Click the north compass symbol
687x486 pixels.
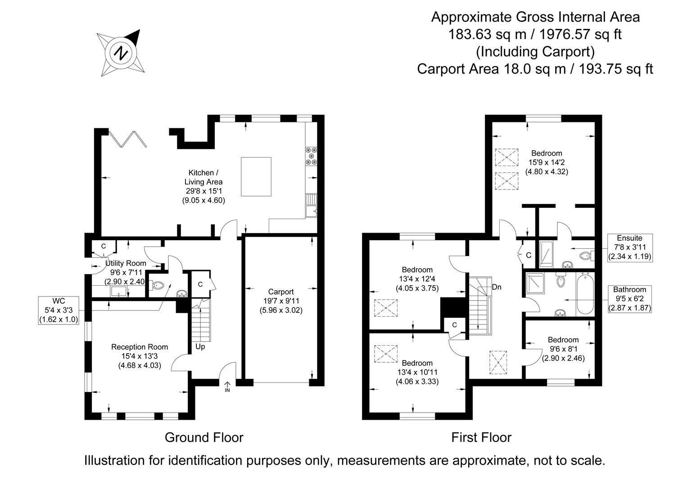121,53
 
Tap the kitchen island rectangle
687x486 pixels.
256,176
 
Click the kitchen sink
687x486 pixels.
311,205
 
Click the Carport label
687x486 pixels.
280,292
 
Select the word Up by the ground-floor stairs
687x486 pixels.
200,347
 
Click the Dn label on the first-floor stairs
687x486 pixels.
497,287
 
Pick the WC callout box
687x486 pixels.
59,310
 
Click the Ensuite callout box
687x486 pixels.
629,247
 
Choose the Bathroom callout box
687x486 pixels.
629,299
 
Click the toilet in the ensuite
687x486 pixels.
586,256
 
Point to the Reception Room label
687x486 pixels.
140,347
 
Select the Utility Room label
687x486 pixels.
126,263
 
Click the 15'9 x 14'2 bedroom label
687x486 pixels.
546,162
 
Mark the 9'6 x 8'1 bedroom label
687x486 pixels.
563,349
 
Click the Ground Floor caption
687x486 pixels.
204,437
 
